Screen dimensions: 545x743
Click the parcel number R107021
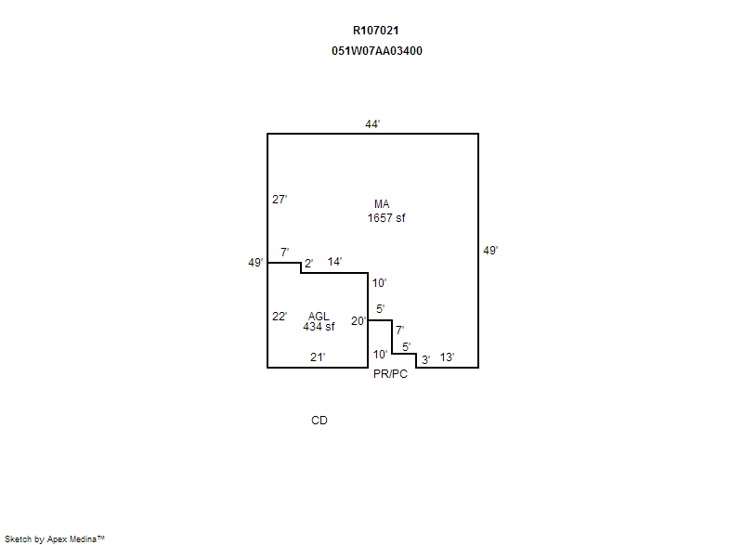pyautogui.click(x=376, y=31)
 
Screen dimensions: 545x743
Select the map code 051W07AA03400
pyautogui.click(x=376, y=51)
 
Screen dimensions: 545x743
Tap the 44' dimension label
pyautogui.click(x=372, y=123)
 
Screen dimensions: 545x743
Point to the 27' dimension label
pyautogui.click(x=280, y=200)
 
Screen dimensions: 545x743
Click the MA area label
pyautogui.click(x=382, y=204)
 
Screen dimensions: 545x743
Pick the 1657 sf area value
pyautogui.click(x=386, y=218)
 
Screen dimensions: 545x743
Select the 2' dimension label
pyautogui.click(x=308, y=263)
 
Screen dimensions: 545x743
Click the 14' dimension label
pyautogui.click(x=335, y=262)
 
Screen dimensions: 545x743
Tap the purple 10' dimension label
pyautogui.click(x=379, y=283)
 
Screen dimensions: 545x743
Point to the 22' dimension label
pyautogui.click(x=280, y=317)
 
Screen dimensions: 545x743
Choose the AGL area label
pyautogui.click(x=319, y=317)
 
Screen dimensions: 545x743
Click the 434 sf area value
pyautogui.click(x=319, y=327)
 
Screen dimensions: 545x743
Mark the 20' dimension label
pyautogui.click(x=358, y=321)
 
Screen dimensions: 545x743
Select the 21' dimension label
pyautogui.click(x=317, y=357)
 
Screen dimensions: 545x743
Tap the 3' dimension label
pyautogui.click(x=425, y=359)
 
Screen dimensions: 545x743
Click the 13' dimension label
pyautogui.click(x=447, y=357)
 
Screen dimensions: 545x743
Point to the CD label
pyautogui.click(x=319, y=421)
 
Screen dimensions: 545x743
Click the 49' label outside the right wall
pyautogui.click(x=490, y=250)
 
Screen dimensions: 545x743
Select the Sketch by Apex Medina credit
pyautogui.click(x=55, y=539)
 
